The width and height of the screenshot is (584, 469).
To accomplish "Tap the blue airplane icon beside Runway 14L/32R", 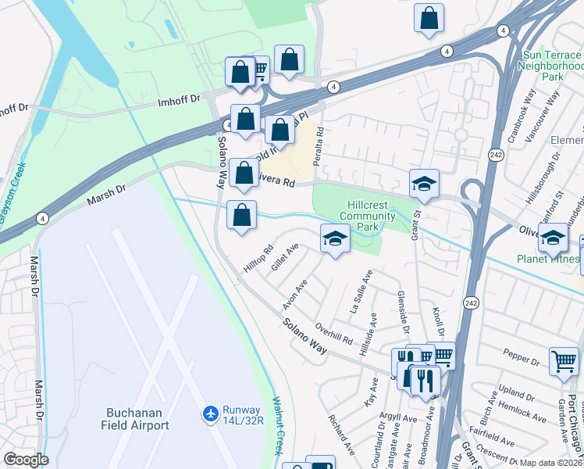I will (209, 412).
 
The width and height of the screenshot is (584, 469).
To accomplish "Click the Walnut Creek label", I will (276, 426).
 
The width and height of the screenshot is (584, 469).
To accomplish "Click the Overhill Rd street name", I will (334, 333).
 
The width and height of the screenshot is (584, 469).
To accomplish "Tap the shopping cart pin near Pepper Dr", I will (564, 362).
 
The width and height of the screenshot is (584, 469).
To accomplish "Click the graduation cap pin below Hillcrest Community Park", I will (335, 238).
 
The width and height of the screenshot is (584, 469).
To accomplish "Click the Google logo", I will (26, 460).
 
